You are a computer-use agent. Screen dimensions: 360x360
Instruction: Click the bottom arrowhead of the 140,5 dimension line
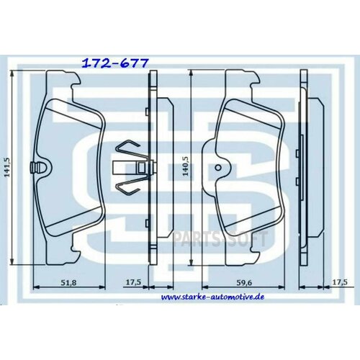point(190,266)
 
